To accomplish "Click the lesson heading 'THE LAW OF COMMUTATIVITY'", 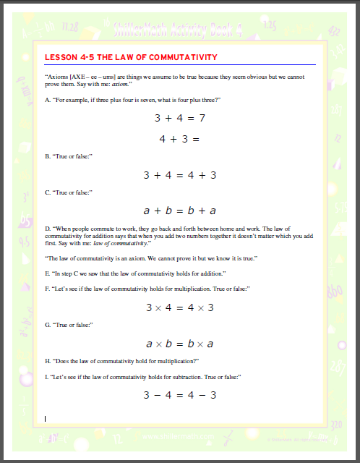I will pos(131,57).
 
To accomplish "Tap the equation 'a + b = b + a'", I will pos(179,211).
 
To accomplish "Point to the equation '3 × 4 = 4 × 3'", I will pos(179,307).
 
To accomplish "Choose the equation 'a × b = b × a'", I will pos(179,344).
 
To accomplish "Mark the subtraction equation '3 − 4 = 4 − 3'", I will pos(179,395).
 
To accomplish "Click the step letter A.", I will pos(47,100).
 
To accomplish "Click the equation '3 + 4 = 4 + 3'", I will pos(179,175).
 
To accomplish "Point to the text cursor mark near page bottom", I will pos(46,418).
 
